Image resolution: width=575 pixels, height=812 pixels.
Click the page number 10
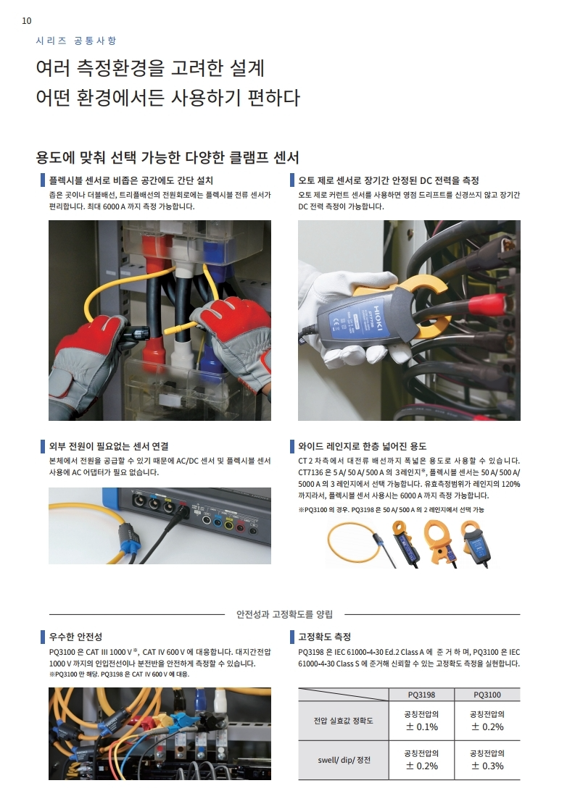point(26,21)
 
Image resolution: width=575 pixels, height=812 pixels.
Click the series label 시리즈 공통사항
point(76,41)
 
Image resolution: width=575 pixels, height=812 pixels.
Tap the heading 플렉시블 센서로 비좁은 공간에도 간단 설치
point(131,180)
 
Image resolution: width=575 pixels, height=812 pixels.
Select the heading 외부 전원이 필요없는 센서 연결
point(108,446)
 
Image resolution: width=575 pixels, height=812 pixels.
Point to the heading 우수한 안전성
point(75,637)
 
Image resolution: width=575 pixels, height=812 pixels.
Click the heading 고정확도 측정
point(325,637)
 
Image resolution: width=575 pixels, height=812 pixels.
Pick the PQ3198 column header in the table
point(421,695)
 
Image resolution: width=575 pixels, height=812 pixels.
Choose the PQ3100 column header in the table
point(487,695)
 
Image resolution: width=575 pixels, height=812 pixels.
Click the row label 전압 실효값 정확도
point(343,720)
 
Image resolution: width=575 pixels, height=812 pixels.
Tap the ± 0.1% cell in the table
point(421,727)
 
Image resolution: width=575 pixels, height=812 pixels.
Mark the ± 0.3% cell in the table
point(487,766)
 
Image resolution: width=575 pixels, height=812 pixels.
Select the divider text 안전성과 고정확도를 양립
point(285,614)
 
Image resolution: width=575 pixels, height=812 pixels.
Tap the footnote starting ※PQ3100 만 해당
point(119,674)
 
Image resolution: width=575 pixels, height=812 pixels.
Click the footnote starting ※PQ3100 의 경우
point(391,509)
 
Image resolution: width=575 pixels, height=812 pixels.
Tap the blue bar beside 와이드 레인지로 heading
point(292,446)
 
